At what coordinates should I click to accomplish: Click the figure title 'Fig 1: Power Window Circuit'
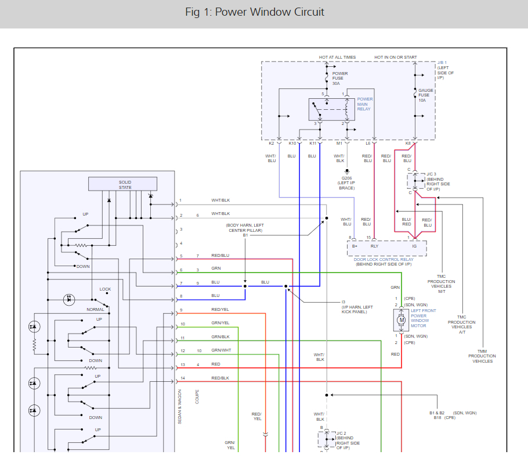click(x=254, y=12)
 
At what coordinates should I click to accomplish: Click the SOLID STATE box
click(x=122, y=184)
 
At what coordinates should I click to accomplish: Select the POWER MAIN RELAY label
click(x=365, y=104)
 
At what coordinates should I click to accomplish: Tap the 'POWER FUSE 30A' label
click(x=339, y=78)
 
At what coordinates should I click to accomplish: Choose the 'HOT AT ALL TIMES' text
click(x=337, y=58)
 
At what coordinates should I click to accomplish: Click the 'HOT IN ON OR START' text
click(x=395, y=58)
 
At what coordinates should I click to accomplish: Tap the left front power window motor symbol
click(x=401, y=319)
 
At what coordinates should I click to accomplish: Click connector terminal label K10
click(x=292, y=143)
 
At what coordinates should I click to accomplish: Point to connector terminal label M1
click(x=339, y=143)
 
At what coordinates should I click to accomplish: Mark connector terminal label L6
click(x=368, y=143)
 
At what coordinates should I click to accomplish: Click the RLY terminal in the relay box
click(x=375, y=246)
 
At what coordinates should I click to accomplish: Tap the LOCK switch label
click(x=105, y=289)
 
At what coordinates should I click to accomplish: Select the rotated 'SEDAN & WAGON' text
click(x=180, y=407)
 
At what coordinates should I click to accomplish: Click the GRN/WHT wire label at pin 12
click(x=220, y=350)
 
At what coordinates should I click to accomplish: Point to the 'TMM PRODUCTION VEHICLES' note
click(x=482, y=356)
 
